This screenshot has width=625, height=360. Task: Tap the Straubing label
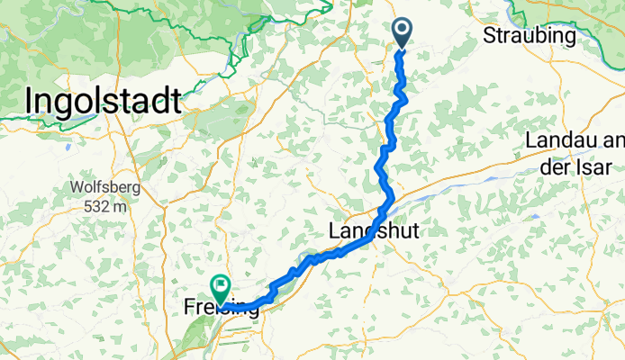point(529,36)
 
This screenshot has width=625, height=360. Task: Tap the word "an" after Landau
point(614,142)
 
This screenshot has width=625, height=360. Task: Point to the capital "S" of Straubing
point(490,36)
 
